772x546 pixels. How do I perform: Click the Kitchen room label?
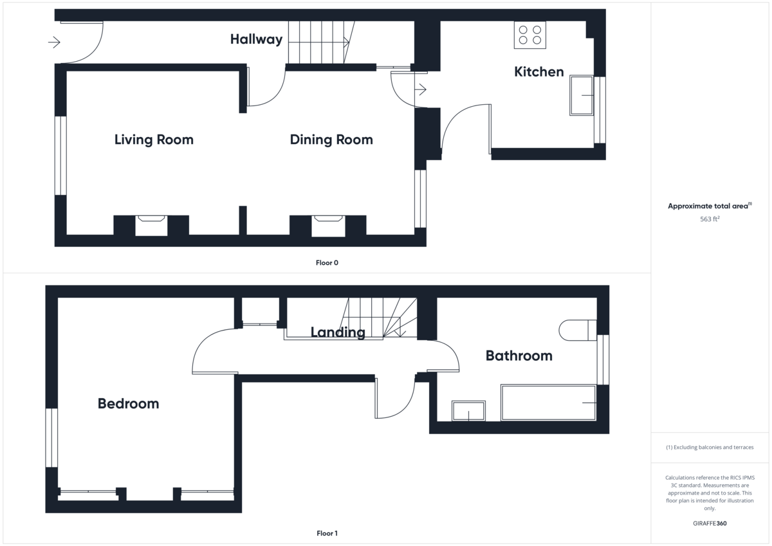538,72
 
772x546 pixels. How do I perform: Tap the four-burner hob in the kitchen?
529,35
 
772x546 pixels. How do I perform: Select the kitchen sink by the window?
582,96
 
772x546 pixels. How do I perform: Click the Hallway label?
256,39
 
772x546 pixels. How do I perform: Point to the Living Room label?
154,140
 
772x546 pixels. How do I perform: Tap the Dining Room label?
331,140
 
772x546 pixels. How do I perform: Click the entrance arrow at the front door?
54,42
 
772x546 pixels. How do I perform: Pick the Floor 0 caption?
327,262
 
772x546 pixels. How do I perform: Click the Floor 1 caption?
327,533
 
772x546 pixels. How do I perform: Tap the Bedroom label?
128,403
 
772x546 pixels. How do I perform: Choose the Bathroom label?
519,356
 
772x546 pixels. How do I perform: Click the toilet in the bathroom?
576,330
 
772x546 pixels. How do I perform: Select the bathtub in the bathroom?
548,403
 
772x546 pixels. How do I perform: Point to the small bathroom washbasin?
468,410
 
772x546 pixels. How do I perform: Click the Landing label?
338,332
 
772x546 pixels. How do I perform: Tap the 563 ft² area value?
710,219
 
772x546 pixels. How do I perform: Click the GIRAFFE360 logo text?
710,523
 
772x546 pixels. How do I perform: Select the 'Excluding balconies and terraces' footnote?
710,447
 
